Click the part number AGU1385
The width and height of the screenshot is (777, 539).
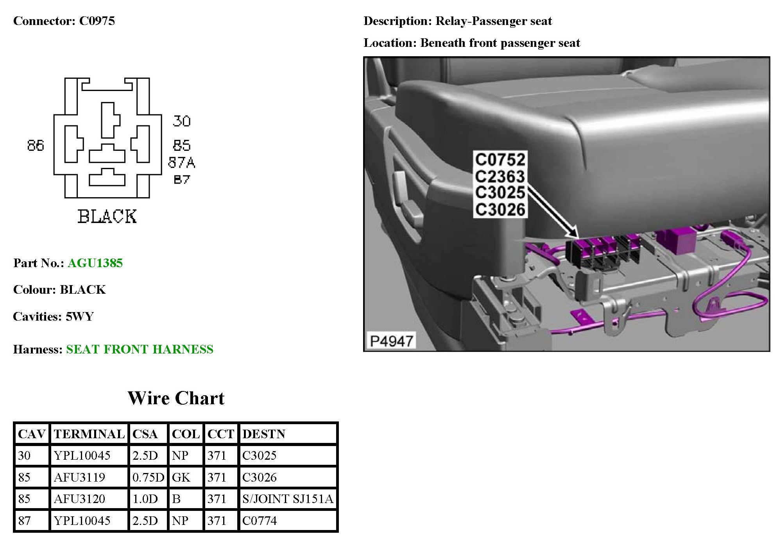[95, 263]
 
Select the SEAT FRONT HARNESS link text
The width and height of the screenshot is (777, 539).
[140, 349]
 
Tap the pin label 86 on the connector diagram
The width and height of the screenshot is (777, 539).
[36, 146]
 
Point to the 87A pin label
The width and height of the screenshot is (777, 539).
[181, 162]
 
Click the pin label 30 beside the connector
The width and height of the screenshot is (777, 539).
[182, 121]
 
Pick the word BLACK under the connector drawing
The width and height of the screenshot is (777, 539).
[107, 217]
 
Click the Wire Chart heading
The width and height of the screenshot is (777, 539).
[176, 398]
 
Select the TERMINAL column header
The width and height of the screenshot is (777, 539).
[89, 434]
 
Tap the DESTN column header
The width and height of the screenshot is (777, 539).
[264, 434]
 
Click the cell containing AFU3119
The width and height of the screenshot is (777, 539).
[80, 477]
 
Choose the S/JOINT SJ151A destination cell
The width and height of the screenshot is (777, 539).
[288, 499]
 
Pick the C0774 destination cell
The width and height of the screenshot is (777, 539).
[260, 521]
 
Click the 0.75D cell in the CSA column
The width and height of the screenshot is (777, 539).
[148, 477]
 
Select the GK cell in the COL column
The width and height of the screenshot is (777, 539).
[181, 477]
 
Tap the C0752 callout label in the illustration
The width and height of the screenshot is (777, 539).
[500, 160]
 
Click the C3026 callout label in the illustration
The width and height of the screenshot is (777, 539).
[500, 210]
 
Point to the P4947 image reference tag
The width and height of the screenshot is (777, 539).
[391, 341]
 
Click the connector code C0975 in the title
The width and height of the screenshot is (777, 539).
[97, 21]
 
